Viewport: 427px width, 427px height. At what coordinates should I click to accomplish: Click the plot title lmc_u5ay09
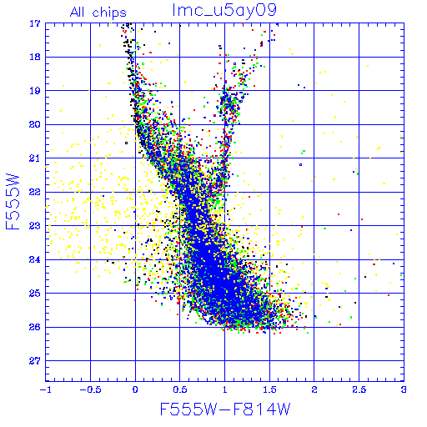pyautogui.click(x=224, y=10)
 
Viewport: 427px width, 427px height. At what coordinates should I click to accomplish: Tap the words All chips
pyautogui.click(x=98, y=13)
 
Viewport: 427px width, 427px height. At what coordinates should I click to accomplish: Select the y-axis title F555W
pyautogui.click(x=13, y=202)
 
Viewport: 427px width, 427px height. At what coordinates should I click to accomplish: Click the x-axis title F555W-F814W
pyautogui.click(x=225, y=409)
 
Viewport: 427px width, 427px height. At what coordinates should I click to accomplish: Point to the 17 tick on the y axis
pyautogui.click(x=35, y=23)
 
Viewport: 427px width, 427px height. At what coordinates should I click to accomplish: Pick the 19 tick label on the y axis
pyautogui.click(x=35, y=91)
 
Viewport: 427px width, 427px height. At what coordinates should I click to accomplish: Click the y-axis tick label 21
pyautogui.click(x=35, y=158)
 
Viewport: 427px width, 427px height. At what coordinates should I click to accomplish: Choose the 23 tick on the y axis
pyautogui.click(x=35, y=226)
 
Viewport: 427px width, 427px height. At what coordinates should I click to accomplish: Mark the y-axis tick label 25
pyautogui.click(x=35, y=294)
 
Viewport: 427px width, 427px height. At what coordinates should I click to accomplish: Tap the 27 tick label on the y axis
pyautogui.click(x=35, y=361)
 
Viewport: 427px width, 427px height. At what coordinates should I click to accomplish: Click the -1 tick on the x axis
pyautogui.click(x=46, y=389)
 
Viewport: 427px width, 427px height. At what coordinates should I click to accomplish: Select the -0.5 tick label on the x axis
pyautogui.click(x=90, y=389)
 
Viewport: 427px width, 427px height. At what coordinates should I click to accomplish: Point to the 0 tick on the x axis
pyautogui.click(x=135, y=389)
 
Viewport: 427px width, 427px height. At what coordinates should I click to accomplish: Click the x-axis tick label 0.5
pyautogui.click(x=180, y=389)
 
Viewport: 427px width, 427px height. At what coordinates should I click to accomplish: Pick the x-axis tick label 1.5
pyautogui.click(x=269, y=389)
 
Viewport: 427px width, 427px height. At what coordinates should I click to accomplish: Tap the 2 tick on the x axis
pyautogui.click(x=314, y=389)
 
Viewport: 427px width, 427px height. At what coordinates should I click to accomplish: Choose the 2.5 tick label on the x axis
pyautogui.click(x=359, y=389)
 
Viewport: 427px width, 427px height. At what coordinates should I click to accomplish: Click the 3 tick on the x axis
pyautogui.click(x=404, y=389)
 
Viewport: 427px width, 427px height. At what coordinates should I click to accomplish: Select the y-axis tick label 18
pyautogui.click(x=35, y=57)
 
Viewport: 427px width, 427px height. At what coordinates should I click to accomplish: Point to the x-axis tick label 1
pyautogui.click(x=224, y=389)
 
